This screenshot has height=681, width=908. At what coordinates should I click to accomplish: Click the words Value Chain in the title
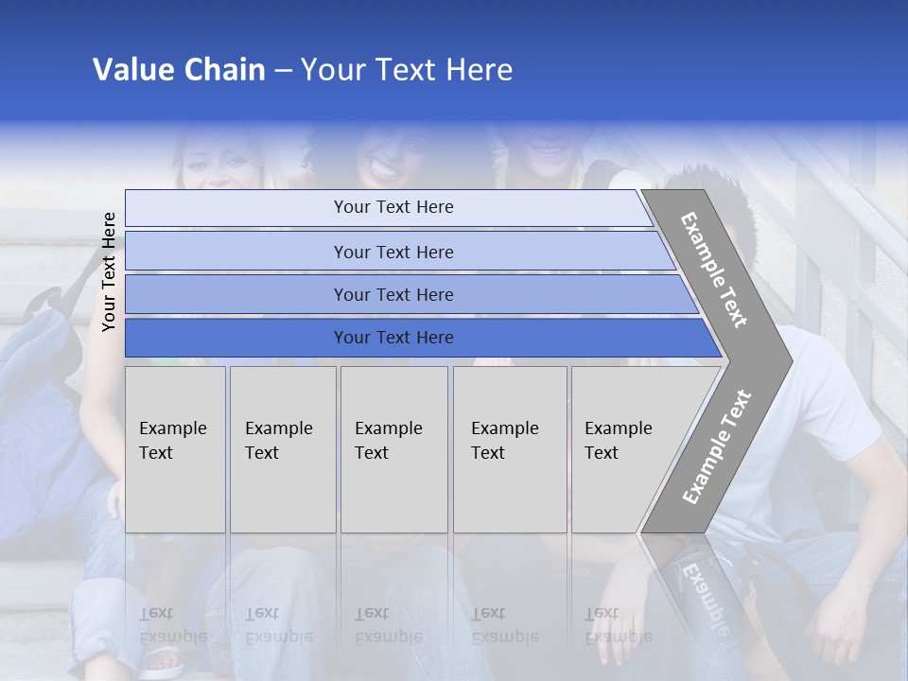179,70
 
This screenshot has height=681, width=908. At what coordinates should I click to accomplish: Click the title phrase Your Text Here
407,70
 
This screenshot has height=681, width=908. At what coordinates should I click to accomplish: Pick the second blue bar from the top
393,252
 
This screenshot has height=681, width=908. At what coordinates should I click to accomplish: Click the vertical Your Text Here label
109,271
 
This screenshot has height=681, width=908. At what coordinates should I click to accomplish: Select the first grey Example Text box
175,449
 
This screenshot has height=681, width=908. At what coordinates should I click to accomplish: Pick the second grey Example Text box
283,449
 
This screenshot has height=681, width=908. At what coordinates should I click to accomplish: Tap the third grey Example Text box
393,449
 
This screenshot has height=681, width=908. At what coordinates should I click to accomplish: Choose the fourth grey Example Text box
510,449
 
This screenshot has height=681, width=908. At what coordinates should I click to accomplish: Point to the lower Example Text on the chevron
717,446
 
